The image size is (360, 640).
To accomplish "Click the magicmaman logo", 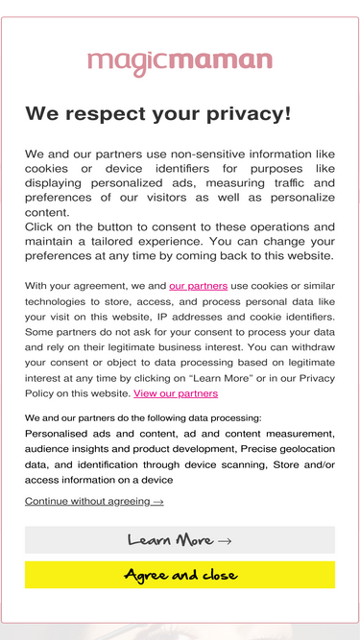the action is (x=180, y=62).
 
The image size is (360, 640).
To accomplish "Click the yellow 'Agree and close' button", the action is (x=180, y=575).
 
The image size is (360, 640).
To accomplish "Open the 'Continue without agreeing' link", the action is (x=94, y=501).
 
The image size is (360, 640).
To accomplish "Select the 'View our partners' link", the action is (x=176, y=393).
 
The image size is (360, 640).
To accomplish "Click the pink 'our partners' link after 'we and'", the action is (x=198, y=286).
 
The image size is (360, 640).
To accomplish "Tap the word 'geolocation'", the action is (x=300, y=449).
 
